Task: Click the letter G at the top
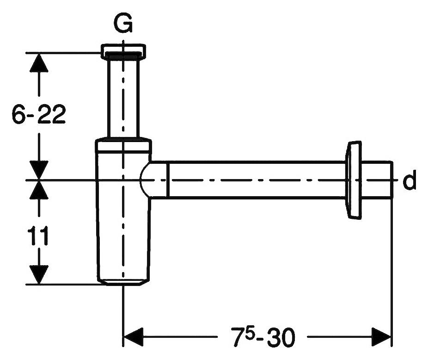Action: tap(123, 25)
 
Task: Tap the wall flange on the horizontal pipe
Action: tap(354, 180)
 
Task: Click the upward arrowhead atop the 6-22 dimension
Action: tap(39, 62)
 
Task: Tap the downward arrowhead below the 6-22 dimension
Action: tap(39, 170)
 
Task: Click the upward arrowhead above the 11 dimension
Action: tap(39, 190)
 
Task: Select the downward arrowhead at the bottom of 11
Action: tap(39, 274)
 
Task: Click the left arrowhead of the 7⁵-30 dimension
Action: tap(134, 337)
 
